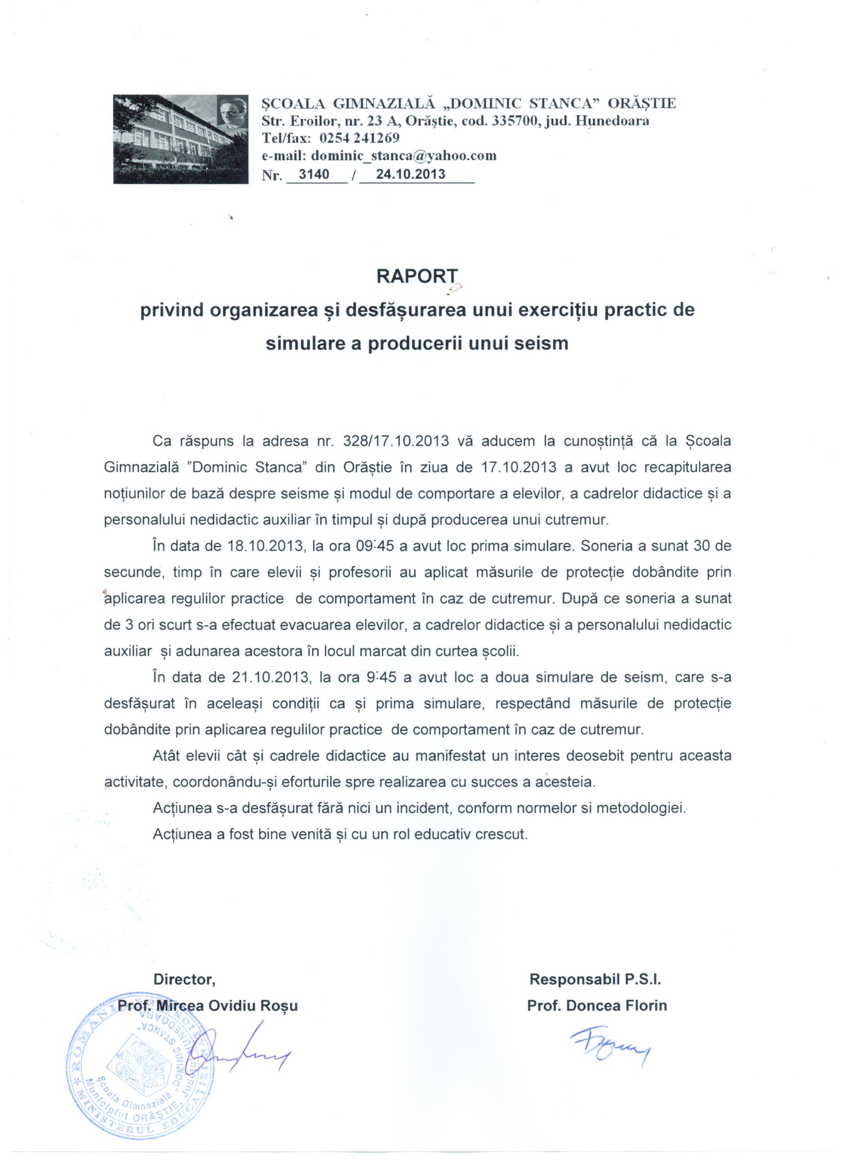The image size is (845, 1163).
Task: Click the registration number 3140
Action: click(313, 174)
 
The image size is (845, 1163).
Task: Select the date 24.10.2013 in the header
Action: click(411, 174)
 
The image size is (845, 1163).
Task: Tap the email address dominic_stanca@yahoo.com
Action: click(404, 156)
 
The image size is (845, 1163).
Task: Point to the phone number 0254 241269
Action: click(359, 138)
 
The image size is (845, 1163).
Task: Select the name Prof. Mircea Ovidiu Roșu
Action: click(208, 1006)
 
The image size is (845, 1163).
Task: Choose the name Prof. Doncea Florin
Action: click(597, 1006)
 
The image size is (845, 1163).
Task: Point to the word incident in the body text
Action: click(417, 809)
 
